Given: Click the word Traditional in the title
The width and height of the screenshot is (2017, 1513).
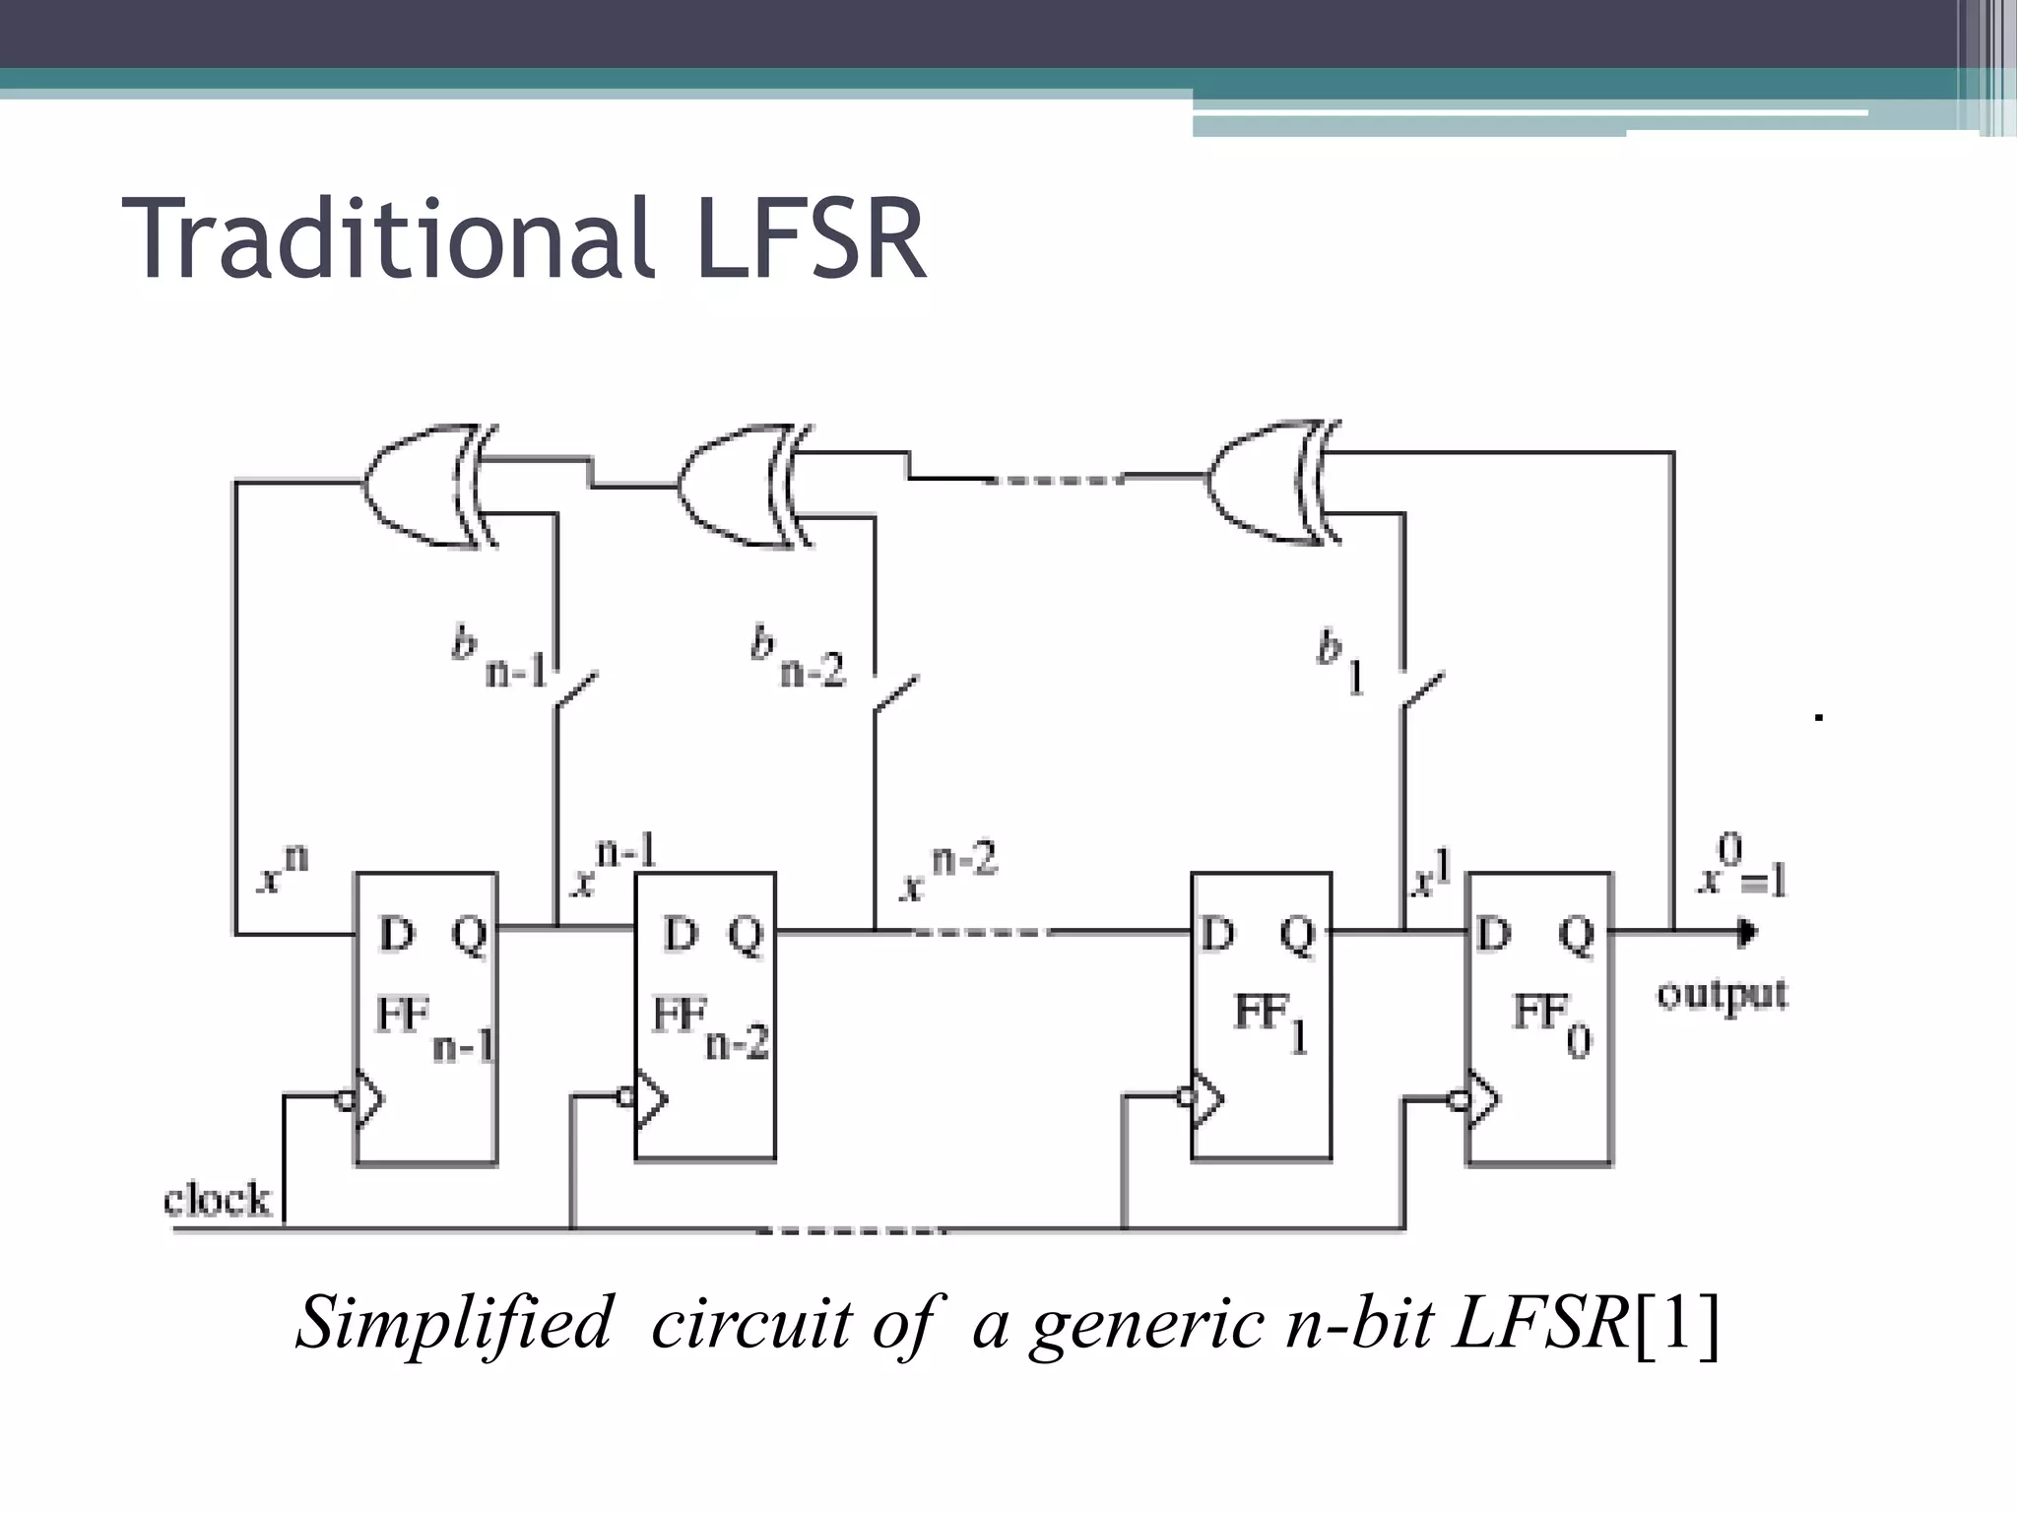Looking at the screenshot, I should (x=389, y=239).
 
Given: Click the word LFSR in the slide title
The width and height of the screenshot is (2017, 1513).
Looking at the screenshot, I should (x=810, y=239).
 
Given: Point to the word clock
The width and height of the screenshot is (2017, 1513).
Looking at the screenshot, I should (x=217, y=1200).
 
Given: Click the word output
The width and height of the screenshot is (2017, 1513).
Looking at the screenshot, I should (x=1722, y=995).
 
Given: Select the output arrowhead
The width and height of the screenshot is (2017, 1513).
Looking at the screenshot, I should (x=1747, y=931).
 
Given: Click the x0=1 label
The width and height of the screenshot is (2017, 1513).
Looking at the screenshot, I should (x=1740, y=867).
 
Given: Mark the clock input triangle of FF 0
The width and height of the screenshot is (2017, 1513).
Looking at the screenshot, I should (x=1482, y=1099).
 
